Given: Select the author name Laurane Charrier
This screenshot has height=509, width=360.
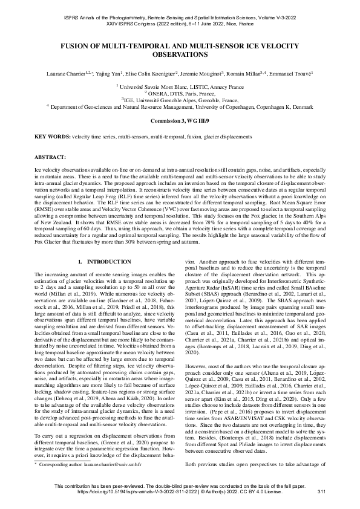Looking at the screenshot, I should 65,73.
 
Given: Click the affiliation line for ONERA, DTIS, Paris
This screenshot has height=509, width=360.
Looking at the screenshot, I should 180,94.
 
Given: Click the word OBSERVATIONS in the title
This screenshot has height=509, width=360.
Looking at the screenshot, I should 180,54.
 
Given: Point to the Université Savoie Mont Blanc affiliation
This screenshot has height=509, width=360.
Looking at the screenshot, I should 180,87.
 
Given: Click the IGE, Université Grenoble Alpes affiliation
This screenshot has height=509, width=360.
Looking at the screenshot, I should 180,100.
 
